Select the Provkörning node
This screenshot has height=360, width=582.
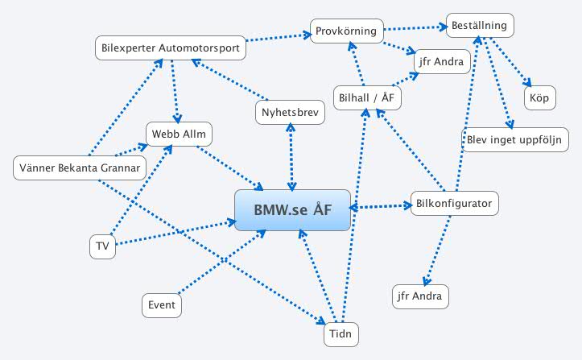click(x=345, y=31)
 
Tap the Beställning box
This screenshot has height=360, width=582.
click(x=478, y=26)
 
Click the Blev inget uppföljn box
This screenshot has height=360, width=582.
click(x=516, y=139)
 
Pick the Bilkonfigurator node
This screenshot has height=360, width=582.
click(x=455, y=203)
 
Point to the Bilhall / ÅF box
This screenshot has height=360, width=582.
click(x=367, y=97)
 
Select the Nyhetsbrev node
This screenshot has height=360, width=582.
click(x=291, y=113)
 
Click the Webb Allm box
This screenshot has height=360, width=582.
click(x=179, y=133)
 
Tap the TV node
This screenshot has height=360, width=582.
click(x=102, y=247)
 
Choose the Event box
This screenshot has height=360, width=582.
click(x=162, y=306)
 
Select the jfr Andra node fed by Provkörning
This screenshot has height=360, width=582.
click(x=439, y=62)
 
